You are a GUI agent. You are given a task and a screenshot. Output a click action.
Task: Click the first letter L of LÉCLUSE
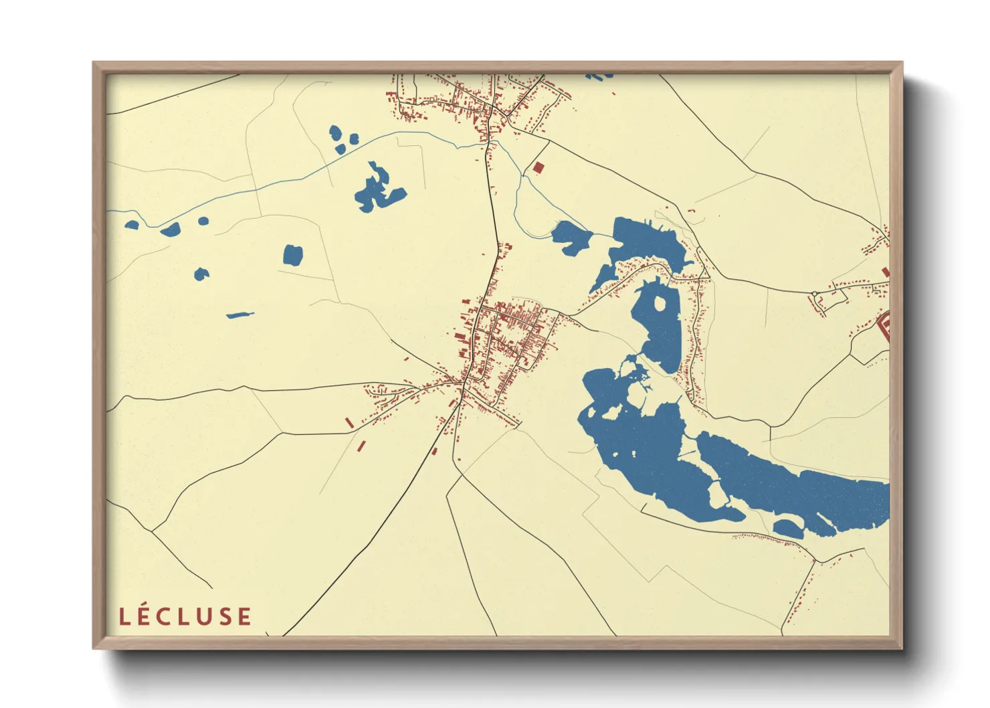pos(124,616)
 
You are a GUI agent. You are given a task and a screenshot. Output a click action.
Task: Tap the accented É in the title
pos(144,615)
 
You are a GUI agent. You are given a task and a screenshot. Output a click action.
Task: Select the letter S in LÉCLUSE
pos(225,616)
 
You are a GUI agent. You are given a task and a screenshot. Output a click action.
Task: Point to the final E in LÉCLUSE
pos(245,616)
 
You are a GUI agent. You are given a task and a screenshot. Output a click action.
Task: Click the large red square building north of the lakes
pos(538,167)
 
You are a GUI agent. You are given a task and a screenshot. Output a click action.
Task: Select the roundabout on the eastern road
pos(814,294)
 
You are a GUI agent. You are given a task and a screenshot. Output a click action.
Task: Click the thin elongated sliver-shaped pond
pos(240,315)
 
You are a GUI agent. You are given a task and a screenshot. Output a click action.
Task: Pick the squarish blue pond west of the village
pos(292,255)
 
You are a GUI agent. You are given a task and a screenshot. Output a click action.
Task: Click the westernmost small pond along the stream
pos(132,225)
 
